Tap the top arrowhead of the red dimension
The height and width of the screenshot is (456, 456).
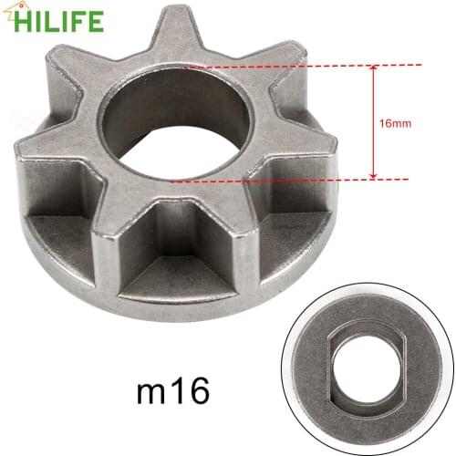(x=373, y=68)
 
